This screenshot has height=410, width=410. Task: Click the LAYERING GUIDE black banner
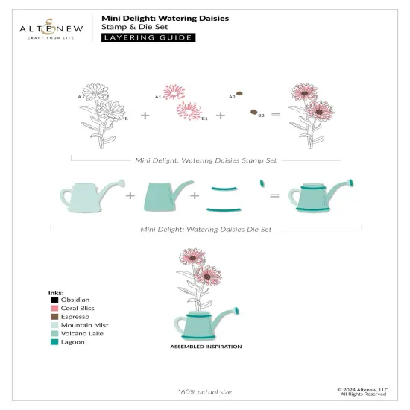148,37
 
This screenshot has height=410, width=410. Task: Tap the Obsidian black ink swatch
43,300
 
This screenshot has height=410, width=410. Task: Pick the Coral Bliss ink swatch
43,309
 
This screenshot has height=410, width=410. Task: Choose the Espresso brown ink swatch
43,317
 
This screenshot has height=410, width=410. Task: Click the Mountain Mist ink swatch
43,326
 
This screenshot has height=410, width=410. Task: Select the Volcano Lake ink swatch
43,334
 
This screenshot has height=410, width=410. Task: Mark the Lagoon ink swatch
43,343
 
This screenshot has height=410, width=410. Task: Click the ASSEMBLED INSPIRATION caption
206,347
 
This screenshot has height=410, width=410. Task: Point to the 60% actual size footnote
204,390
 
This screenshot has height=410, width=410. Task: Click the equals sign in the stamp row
274,115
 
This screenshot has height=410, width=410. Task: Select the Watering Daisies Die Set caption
206,230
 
